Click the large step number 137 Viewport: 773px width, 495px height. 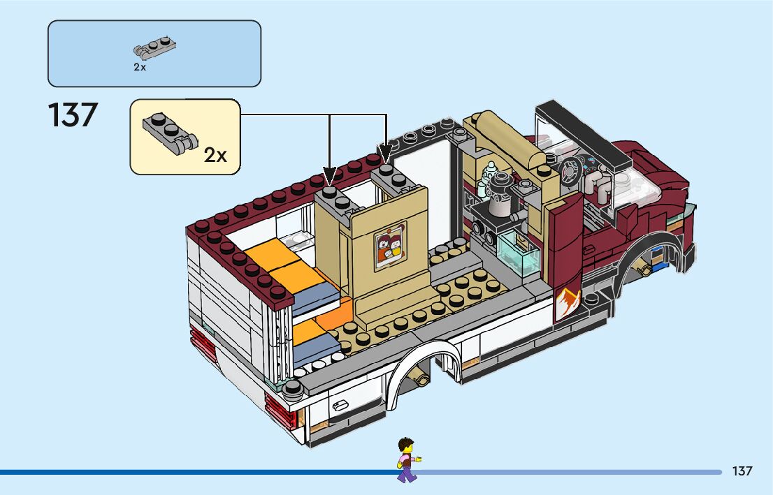73,115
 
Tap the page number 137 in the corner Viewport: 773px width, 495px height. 742,471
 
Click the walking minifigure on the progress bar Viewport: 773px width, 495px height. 405,459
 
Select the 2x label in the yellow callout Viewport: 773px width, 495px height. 215,155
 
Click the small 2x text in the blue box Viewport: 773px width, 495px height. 140,68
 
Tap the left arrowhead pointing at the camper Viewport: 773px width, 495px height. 331,174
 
